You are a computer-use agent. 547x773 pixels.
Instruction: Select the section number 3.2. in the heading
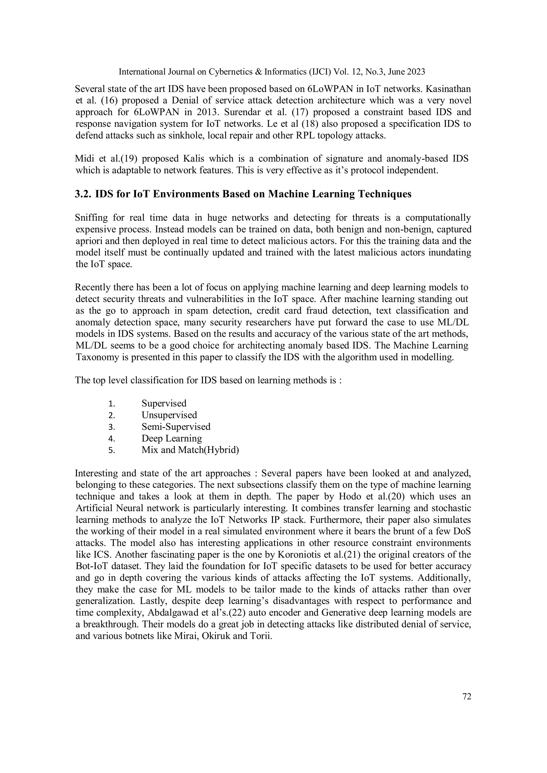tap(83, 194)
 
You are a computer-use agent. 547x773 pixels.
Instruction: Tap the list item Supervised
tap(164, 403)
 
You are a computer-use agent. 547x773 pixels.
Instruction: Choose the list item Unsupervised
tap(169, 415)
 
